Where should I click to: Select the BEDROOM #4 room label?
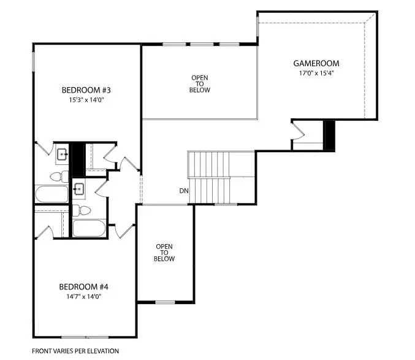83,286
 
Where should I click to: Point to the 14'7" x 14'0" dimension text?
83,296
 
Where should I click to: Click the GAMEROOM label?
316,63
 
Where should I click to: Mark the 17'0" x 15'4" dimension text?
316,73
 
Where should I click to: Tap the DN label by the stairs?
184,191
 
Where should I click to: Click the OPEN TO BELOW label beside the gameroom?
200,84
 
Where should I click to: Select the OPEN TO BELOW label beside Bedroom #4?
165,253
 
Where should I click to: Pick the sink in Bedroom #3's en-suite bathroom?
61,154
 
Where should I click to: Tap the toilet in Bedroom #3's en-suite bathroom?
56,177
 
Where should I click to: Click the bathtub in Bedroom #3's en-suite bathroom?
51,194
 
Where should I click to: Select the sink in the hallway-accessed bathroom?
78,189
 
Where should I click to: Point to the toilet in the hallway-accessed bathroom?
82,210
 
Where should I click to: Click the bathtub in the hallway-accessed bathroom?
89,229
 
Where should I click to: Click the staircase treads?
208,178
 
